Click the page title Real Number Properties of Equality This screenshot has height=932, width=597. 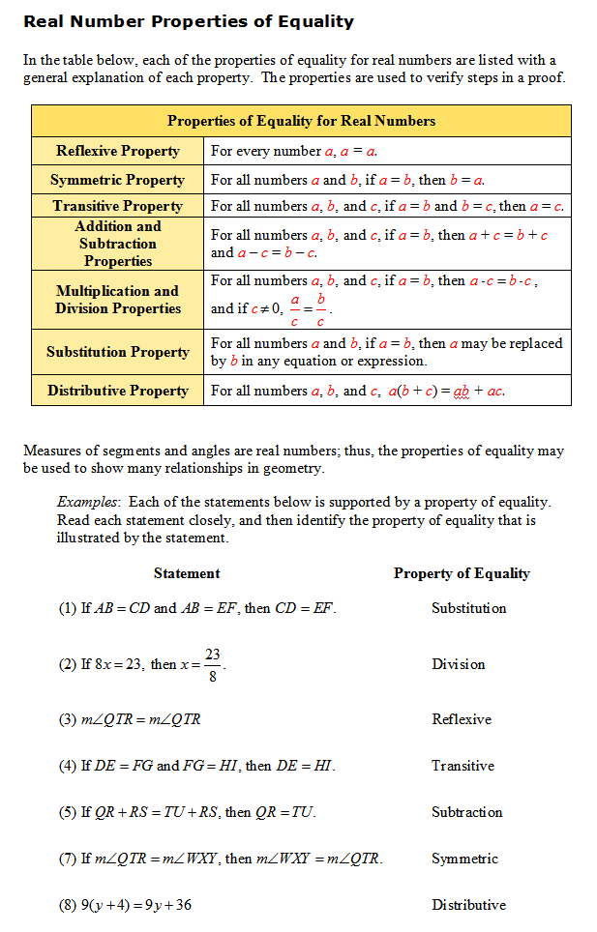click(189, 21)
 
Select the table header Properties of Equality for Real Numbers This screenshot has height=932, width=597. click(301, 121)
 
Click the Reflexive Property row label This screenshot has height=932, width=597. click(118, 151)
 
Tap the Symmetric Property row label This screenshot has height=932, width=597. click(118, 180)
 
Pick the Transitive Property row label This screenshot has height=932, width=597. click(118, 206)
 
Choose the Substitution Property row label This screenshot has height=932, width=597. click(118, 352)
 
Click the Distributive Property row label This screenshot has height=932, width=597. click(118, 391)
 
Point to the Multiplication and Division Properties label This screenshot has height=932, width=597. click(118, 300)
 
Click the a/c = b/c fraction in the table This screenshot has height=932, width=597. click(308, 310)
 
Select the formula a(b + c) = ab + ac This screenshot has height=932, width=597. click(446, 392)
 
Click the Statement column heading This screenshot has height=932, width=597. click(187, 573)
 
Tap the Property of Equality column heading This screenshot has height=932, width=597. click(462, 573)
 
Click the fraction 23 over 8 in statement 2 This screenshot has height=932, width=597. click(213, 665)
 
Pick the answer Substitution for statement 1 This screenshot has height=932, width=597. click(468, 608)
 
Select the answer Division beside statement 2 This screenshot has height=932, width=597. click(459, 664)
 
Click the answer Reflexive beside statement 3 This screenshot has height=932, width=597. click(462, 719)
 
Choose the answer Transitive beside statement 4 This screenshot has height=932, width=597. click(463, 766)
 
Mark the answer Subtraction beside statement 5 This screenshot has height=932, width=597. click(467, 812)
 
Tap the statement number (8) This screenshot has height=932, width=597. click(69, 906)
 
